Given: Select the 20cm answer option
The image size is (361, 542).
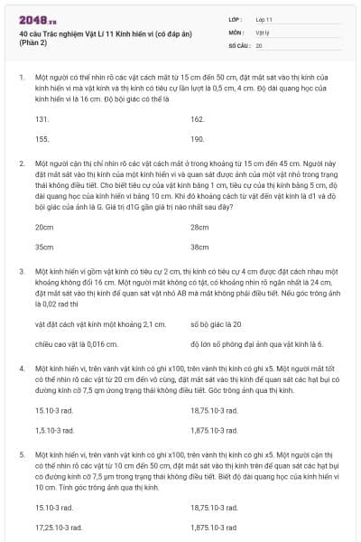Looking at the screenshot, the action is coord(43,226).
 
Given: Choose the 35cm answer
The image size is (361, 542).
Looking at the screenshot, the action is coord(43,246).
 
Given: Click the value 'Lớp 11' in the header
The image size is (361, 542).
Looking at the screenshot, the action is coord(263,18).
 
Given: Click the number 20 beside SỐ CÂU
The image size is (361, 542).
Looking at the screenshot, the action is coord(259,44).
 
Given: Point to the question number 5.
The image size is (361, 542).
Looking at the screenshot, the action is coord(21,455).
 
